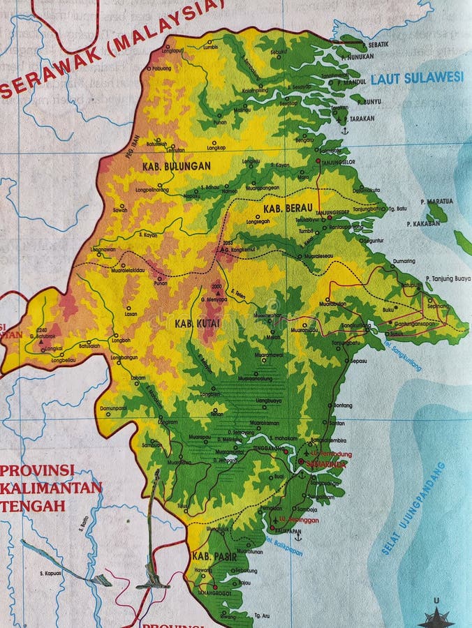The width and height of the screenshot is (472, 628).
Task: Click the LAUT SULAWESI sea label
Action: (417, 77)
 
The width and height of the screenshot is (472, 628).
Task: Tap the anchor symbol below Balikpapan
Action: (298, 536)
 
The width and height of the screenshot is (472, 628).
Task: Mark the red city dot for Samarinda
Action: (301, 461)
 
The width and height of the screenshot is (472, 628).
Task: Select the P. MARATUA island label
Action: (437, 201)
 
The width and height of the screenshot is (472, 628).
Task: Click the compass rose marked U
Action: (436, 617)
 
